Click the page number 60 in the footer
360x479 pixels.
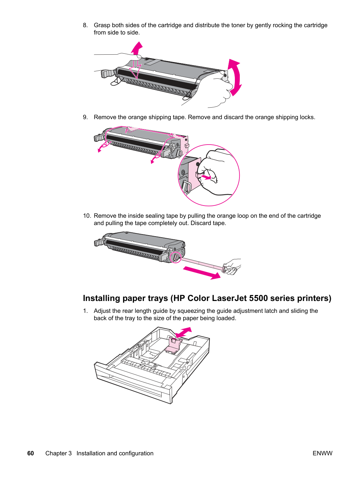[31, 453]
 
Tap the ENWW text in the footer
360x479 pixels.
[322, 453]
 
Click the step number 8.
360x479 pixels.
[85, 25]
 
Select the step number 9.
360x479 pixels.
[85, 117]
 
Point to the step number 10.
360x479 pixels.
[87, 216]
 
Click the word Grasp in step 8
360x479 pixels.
[102, 25]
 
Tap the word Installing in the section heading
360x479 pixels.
[101, 299]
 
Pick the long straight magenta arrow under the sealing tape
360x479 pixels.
[202, 273]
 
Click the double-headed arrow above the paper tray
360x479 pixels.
[183, 332]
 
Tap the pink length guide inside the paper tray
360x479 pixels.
[173, 345]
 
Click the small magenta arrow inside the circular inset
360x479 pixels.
[206, 177]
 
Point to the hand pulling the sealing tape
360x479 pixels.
[232, 266]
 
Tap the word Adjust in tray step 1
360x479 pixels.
[102, 311]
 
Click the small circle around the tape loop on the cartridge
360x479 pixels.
[176, 257]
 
